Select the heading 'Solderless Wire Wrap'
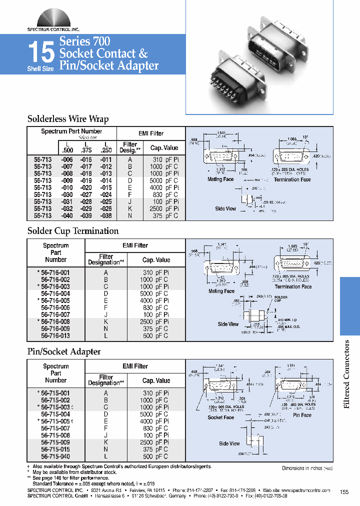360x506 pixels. [x=67, y=119]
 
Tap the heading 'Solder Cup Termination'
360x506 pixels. [x=72, y=231]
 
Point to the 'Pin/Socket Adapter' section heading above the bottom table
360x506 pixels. [x=63, y=352]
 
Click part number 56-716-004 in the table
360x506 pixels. [x=55, y=294]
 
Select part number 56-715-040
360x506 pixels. [x=55, y=456]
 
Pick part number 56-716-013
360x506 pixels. [x=55, y=336]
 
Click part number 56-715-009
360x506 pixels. [x=55, y=442]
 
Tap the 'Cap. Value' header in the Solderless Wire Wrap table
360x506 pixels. [x=164, y=148]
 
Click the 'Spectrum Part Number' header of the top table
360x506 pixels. [x=71, y=131]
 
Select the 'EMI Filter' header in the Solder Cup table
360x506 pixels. [x=135, y=245]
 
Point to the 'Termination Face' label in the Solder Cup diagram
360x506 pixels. [x=293, y=286]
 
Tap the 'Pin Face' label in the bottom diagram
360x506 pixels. [x=302, y=415]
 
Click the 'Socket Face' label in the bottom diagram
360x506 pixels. [x=220, y=417]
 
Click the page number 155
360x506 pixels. [x=344, y=492]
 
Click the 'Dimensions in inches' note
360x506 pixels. [x=307, y=468]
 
